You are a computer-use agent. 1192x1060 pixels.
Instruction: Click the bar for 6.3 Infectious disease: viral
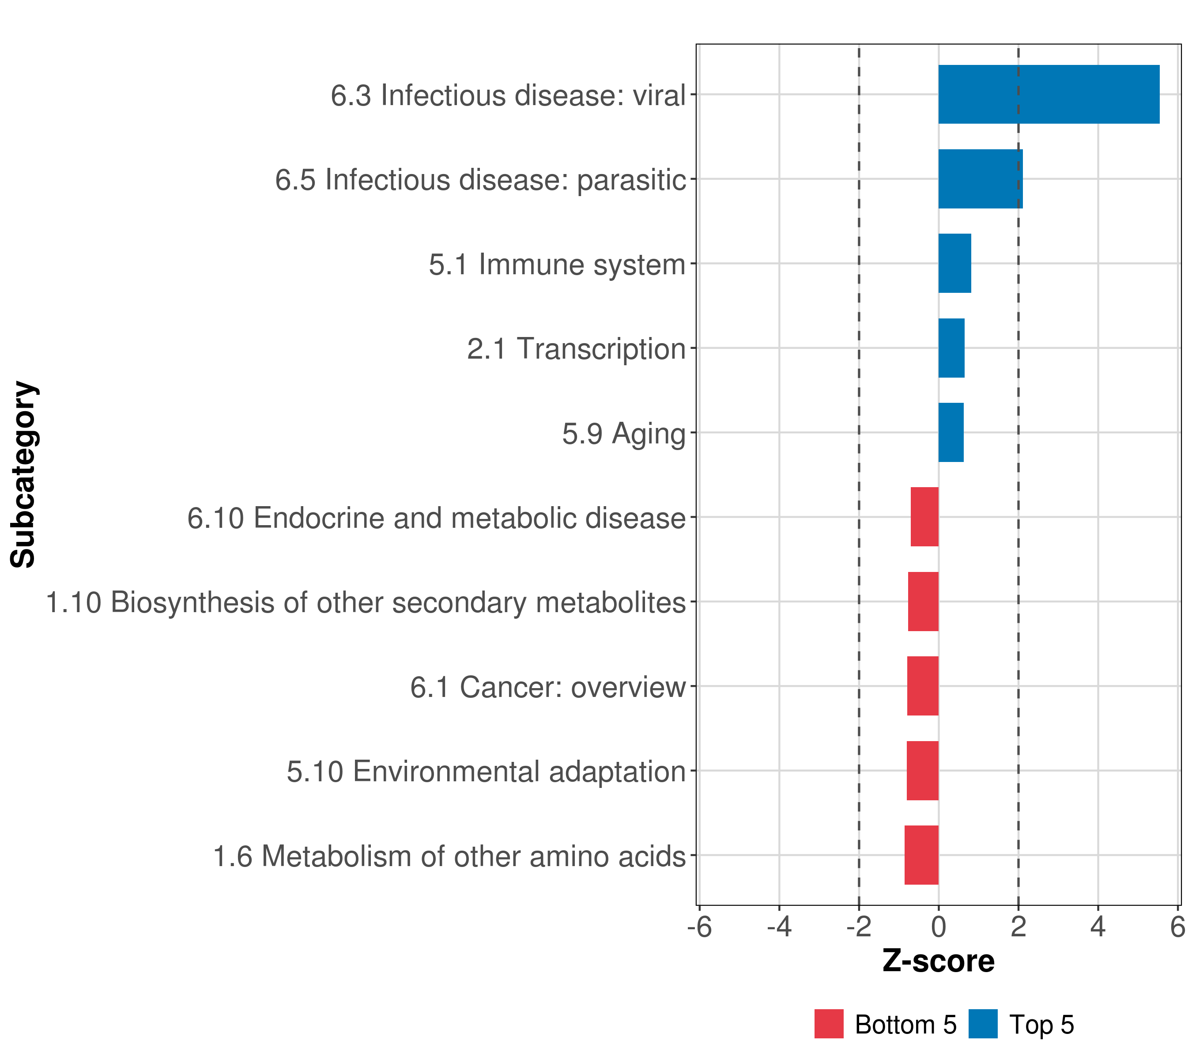click(x=1049, y=95)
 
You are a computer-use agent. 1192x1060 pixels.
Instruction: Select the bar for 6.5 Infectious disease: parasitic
click(x=980, y=179)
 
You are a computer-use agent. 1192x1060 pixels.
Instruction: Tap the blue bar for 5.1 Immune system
click(x=954, y=263)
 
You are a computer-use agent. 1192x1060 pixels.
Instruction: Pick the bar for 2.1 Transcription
click(x=951, y=348)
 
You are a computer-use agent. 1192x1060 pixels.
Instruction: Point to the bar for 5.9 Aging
click(x=951, y=432)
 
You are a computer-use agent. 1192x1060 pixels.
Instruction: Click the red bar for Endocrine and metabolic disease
click(x=924, y=517)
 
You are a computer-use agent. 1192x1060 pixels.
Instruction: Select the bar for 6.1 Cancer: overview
click(x=923, y=686)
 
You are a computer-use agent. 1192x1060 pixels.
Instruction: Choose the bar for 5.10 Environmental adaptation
click(x=923, y=771)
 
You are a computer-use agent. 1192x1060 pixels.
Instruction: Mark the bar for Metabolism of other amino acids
click(x=921, y=855)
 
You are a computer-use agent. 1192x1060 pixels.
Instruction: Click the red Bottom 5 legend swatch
click(x=829, y=1024)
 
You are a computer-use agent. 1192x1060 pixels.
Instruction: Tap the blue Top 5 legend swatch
click(x=983, y=1024)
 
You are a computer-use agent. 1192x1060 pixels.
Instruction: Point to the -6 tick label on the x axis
click(x=699, y=927)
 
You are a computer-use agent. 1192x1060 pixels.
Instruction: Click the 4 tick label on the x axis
click(x=1098, y=927)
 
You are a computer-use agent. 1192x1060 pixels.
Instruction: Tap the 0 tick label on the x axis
click(x=938, y=927)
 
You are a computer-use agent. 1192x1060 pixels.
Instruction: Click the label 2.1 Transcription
click(x=576, y=349)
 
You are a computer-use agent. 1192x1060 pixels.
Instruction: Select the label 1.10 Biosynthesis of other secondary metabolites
click(x=366, y=602)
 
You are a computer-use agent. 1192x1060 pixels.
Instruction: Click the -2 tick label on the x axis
click(x=858, y=927)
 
